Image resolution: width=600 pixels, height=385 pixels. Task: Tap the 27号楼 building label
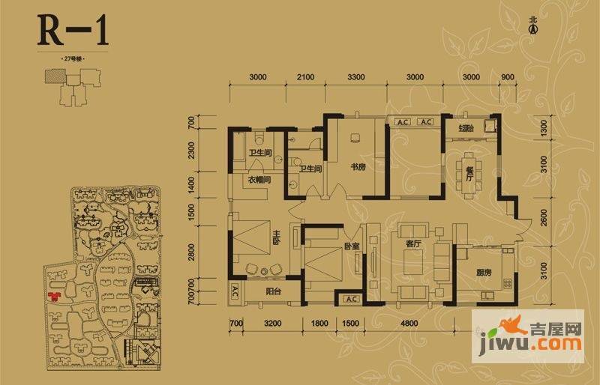click(72, 58)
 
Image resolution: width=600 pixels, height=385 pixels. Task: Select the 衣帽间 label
click(259, 181)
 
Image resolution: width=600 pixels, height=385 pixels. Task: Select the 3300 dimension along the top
click(355, 77)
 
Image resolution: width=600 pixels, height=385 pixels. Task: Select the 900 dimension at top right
click(506, 77)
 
